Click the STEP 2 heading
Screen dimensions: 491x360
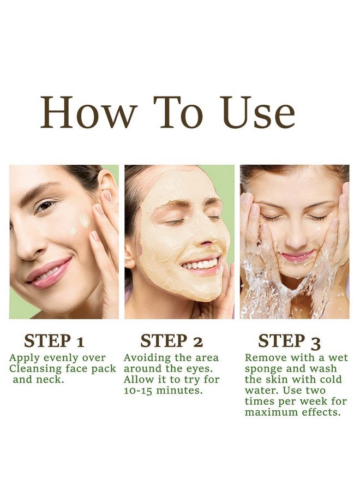171,341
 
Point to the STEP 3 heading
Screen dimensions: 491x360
289,341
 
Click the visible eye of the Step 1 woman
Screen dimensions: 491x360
45,206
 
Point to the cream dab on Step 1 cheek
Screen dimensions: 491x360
84,220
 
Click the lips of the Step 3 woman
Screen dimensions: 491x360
297,255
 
